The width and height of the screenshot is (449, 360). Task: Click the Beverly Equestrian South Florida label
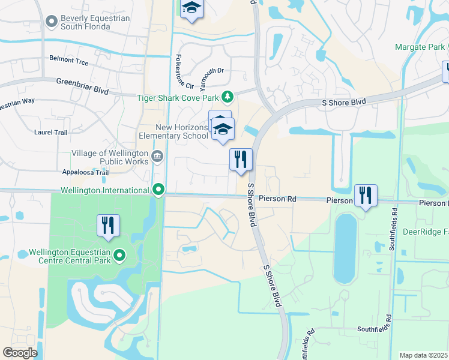(x=95, y=23)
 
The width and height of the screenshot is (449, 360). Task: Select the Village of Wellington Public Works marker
(x=157, y=157)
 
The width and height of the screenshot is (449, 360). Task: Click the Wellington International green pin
(x=158, y=190)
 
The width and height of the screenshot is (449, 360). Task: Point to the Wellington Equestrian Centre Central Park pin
(x=119, y=257)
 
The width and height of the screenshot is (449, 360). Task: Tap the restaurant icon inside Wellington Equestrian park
(x=108, y=225)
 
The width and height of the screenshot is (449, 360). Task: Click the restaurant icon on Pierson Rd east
(x=365, y=196)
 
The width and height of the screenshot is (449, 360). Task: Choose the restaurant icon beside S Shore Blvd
(x=241, y=160)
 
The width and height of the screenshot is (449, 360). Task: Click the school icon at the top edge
(x=191, y=8)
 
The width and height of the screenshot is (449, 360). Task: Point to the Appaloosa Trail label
(x=85, y=173)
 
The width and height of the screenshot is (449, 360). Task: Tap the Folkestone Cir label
(x=184, y=71)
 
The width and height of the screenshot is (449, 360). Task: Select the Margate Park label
(x=417, y=47)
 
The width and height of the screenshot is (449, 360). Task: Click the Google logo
(x=20, y=353)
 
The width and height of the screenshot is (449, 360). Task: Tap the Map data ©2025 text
(x=424, y=355)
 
